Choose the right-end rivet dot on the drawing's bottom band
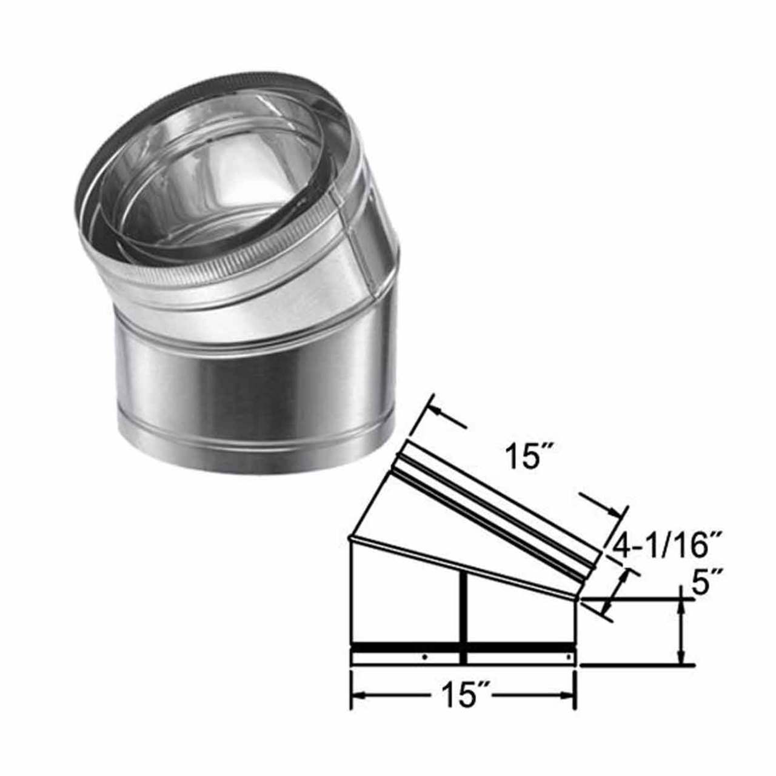[x=569, y=656]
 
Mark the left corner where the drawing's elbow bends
[x=352, y=537]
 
